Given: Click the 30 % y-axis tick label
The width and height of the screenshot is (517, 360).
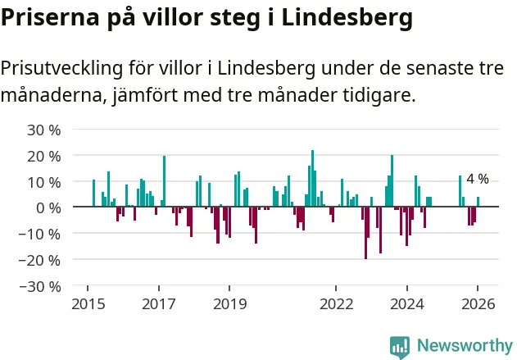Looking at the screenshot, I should [45, 130].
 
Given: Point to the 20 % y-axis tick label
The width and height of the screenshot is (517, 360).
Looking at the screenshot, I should [45, 156].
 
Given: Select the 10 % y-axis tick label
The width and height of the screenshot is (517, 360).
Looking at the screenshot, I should [45, 182].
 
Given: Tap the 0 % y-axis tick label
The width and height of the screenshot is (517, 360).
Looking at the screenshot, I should [48, 207].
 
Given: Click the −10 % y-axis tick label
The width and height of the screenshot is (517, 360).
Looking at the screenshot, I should [42, 234].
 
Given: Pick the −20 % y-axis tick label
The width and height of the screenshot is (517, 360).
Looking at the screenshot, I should [42, 260].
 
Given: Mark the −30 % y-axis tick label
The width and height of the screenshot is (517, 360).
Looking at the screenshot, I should [42, 286].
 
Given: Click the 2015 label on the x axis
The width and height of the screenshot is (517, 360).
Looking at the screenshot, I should [88, 304].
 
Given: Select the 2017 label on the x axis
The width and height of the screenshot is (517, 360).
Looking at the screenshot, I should [159, 304].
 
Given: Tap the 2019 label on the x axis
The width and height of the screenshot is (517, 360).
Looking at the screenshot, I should [229, 304].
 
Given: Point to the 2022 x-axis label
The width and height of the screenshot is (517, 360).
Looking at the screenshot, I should [336, 304].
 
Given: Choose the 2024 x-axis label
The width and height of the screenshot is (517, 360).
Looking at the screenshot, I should [407, 304].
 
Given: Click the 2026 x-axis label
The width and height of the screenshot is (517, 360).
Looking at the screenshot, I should [478, 304].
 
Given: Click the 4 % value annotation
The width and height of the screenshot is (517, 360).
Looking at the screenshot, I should [477, 179].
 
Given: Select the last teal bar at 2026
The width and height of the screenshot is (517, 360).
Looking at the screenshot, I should [478, 202].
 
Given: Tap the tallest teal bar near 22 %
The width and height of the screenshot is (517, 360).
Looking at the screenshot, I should [312, 179].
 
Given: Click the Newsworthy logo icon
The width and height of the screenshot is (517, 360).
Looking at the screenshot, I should [400, 346].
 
